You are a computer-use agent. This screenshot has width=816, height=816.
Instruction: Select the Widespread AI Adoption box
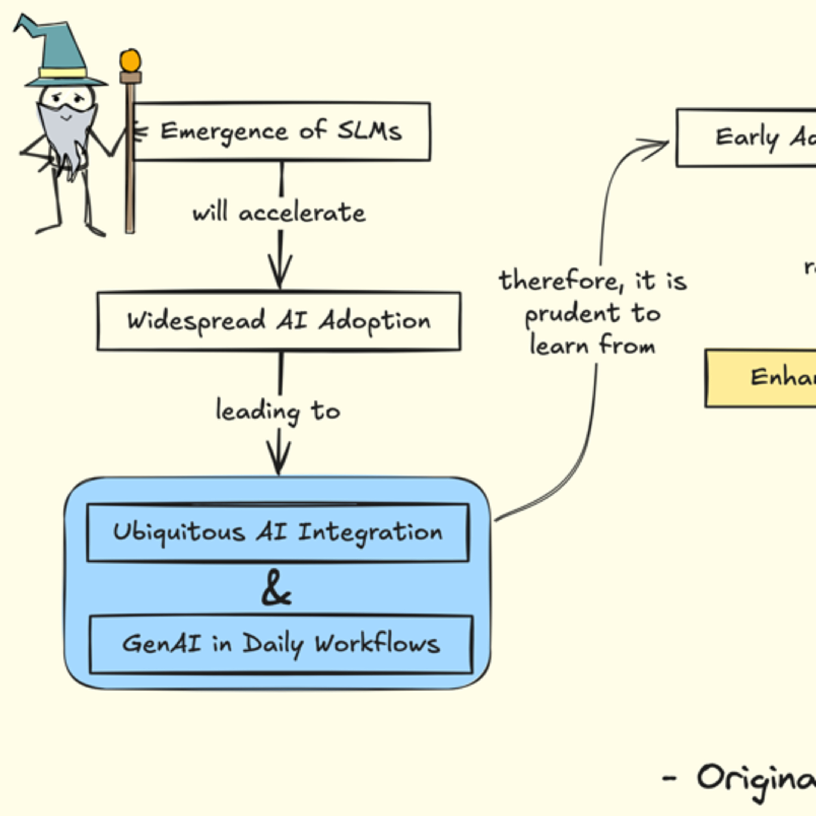[279, 321]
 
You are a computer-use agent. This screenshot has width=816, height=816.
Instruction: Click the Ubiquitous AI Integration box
[278, 532]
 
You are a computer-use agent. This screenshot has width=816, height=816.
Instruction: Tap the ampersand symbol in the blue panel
[277, 588]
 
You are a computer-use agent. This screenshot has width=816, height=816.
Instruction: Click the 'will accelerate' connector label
[279, 212]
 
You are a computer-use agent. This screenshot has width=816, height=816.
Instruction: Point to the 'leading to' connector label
[278, 410]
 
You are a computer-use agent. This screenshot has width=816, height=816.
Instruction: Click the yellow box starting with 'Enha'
[760, 378]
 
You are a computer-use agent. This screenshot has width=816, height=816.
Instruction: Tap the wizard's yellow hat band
[63, 73]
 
